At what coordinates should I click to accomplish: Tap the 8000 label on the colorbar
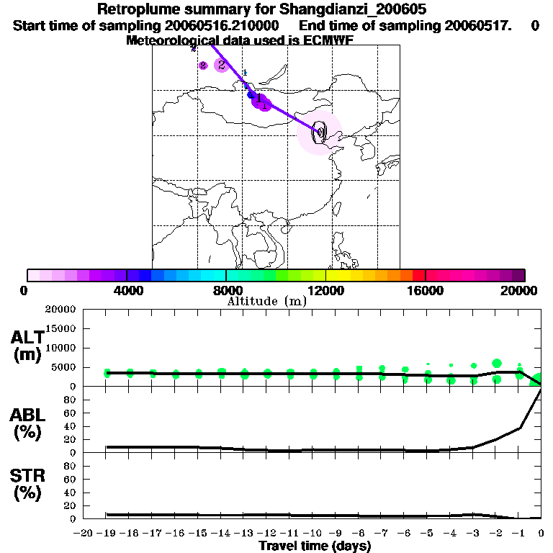point(226,290)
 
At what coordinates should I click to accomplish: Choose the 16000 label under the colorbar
point(425,290)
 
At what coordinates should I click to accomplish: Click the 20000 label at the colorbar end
point(521,290)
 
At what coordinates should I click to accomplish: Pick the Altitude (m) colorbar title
point(267,301)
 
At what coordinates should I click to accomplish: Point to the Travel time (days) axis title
point(315,547)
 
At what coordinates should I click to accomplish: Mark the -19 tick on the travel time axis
point(107,534)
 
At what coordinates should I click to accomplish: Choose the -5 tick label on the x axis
point(428,534)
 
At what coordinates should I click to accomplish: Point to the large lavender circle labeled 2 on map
point(221,65)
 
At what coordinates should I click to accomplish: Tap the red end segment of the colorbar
point(418,275)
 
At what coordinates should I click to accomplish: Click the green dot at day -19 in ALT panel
point(107,373)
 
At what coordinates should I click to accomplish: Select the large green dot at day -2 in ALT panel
point(497,364)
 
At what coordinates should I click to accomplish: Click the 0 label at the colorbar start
point(25,290)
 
